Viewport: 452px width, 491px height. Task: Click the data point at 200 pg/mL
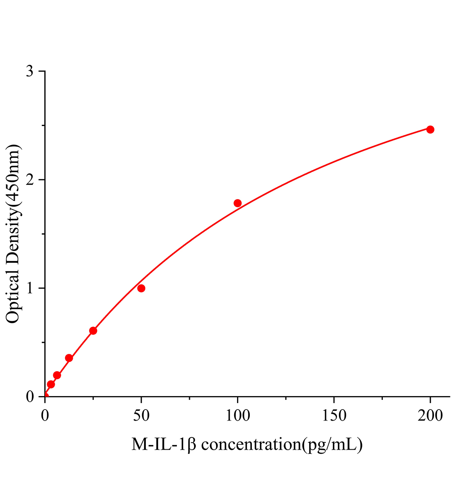(x=430, y=129)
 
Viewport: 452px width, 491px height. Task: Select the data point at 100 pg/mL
(x=237, y=203)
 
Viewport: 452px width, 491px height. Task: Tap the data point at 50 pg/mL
(x=141, y=288)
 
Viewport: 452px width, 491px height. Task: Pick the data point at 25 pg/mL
(x=93, y=331)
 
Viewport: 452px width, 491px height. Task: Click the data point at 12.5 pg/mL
(x=69, y=358)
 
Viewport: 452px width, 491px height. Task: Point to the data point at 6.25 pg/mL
(x=57, y=375)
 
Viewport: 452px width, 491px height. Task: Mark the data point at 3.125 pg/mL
(x=51, y=384)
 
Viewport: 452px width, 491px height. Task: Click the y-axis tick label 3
(x=29, y=72)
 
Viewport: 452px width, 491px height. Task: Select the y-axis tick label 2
(x=29, y=180)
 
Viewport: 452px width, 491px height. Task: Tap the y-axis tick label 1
(x=29, y=288)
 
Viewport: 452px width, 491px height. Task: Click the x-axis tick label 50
(x=141, y=416)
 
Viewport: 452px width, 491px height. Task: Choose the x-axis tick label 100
(x=237, y=416)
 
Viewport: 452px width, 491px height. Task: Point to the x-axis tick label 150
(x=334, y=416)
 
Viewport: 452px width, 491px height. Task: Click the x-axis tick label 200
(x=430, y=416)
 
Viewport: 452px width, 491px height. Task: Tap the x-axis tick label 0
(x=45, y=416)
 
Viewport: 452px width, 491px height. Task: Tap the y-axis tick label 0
(x=29, y=397)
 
